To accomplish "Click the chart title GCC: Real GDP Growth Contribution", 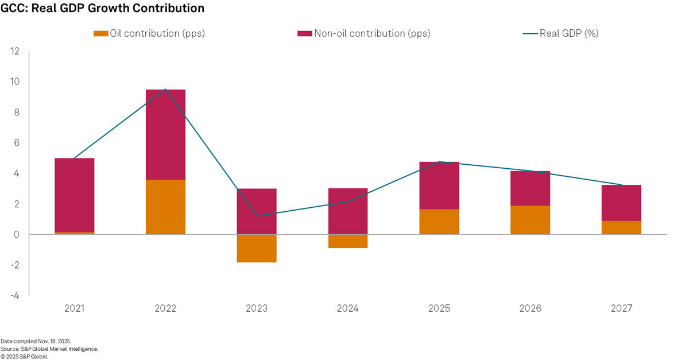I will coord(102,9).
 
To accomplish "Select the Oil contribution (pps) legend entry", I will coord(149,33).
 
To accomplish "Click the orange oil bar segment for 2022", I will coord(165,207).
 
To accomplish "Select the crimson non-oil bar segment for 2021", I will coord(74,195).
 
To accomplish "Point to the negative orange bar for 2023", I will coord(257,248).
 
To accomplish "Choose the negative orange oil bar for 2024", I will coord(347,241).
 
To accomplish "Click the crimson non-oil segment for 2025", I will coord(439,185).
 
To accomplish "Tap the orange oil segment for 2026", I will coord(530,220).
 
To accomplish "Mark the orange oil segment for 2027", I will coord(621,227).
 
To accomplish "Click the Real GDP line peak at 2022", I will coord(165,90).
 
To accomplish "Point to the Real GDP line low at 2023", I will coord(257,216).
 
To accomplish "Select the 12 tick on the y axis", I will coord(16,51).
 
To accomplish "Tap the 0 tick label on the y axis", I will coord(17,235).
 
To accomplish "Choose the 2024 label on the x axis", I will coord(347,309).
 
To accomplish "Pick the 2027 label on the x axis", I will coord(621,309).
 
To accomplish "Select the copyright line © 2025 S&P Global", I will coord(24,356).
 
